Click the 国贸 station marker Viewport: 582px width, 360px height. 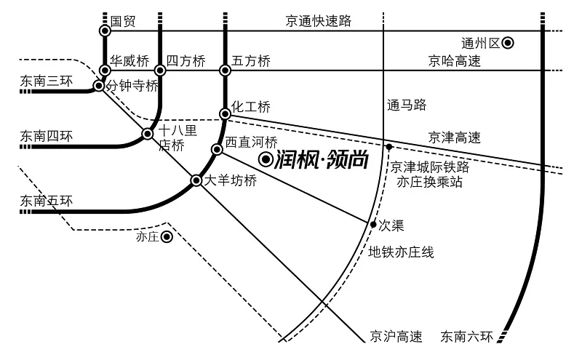105,31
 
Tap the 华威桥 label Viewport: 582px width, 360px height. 129,60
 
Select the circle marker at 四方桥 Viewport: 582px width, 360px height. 160,70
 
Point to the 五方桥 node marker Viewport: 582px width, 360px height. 225,70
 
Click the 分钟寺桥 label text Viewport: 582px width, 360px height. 132,86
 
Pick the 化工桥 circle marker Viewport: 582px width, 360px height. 225,113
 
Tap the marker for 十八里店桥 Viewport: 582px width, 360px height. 148,134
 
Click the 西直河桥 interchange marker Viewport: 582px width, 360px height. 217,149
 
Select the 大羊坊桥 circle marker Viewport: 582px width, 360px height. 196,181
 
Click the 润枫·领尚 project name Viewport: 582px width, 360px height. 322,160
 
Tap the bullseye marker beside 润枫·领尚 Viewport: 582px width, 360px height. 266,160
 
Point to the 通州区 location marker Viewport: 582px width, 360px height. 508,43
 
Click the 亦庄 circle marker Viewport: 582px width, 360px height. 167,237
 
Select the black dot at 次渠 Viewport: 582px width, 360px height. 373,224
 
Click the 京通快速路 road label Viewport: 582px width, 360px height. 319,21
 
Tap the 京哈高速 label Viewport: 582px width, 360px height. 454,61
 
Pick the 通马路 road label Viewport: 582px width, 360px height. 407,105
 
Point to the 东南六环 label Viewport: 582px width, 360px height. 466,337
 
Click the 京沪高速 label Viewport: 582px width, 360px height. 396,337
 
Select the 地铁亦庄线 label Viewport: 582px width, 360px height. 401,252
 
